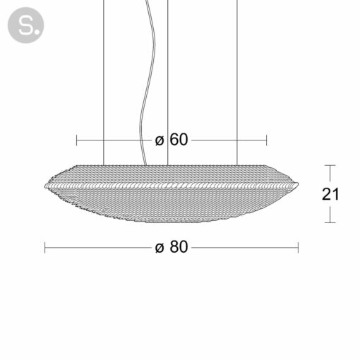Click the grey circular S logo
click(x=25, y=25)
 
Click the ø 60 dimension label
click(x=172, y=140)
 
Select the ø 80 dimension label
click(x=172, y=247)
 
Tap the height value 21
click(x=330, y=194)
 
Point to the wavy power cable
click(x=148, y=83)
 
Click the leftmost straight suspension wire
click(x=104, y=83)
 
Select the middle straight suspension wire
click(x=168, y=83)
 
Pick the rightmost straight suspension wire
click(x=237, y=83)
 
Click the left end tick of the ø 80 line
click(x=45, y=248)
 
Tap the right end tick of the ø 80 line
click(x=298, y=248)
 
